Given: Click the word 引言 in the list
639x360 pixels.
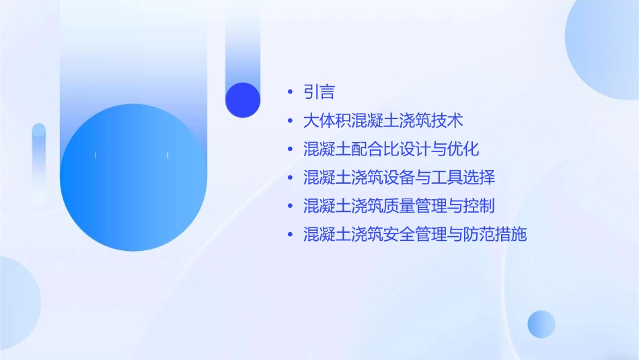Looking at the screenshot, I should tap(319, 92).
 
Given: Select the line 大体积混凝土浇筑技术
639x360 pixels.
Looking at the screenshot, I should tap(383, 121).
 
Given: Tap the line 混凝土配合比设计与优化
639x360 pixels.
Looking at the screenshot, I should tap(391, 149).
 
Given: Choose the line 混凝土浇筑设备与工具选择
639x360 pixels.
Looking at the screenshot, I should tap(399, 178).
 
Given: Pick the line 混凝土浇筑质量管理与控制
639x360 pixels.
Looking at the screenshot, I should tap(399, 206).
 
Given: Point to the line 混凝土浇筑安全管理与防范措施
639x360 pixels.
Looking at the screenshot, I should tap(415, 235).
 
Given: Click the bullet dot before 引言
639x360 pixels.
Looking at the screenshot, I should tap(290, 93).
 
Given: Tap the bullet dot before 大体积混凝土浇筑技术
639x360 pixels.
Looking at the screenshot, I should tap(290, 121).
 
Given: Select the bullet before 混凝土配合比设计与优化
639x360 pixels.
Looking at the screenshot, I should tap(290, 149).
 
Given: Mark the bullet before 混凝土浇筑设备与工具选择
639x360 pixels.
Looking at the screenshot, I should tap(290, 178).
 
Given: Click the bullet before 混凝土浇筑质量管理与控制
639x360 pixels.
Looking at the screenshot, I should tap(290, 207).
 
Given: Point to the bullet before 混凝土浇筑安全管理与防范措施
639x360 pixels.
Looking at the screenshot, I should tap(290, 235).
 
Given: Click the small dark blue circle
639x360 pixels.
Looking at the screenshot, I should tap(243, 100).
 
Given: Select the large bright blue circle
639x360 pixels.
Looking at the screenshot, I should tap(133, 178).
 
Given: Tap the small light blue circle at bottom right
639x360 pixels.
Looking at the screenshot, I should tap(541, 324).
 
